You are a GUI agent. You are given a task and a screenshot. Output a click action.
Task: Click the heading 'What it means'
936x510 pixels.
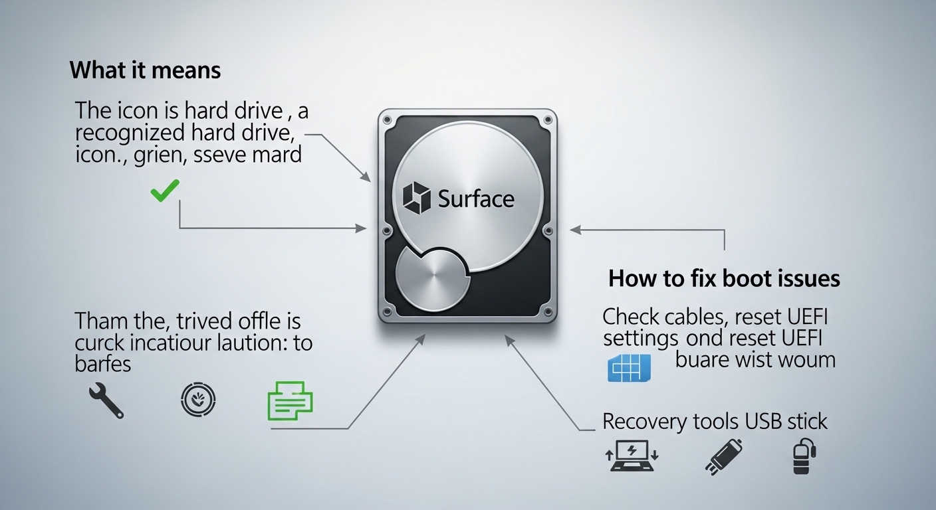[145, 70]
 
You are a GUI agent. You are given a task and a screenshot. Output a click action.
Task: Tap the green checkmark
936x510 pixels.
[164, 193]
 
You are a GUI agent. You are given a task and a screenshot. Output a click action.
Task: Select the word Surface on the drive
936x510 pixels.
[476, 199]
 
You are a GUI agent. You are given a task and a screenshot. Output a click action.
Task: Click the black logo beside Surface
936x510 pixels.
[417, 199]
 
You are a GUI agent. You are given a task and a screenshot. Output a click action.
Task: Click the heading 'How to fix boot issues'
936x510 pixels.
[724, 278]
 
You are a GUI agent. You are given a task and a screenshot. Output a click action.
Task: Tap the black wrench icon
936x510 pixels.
[106, 402]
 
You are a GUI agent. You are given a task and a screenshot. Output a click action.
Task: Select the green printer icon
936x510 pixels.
[289, 400]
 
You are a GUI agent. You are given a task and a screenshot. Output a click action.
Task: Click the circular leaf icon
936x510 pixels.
[198, 401]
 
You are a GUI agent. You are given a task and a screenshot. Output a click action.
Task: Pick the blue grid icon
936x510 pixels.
[629, 367]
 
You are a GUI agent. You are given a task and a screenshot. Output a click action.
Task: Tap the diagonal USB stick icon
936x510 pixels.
[723, 456]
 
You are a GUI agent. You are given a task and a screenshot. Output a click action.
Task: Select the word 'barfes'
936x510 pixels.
[103, 364]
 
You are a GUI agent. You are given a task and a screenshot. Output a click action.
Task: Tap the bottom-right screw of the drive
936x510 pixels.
[547, 311]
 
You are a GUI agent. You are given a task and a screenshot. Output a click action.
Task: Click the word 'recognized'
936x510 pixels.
[129, 133]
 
